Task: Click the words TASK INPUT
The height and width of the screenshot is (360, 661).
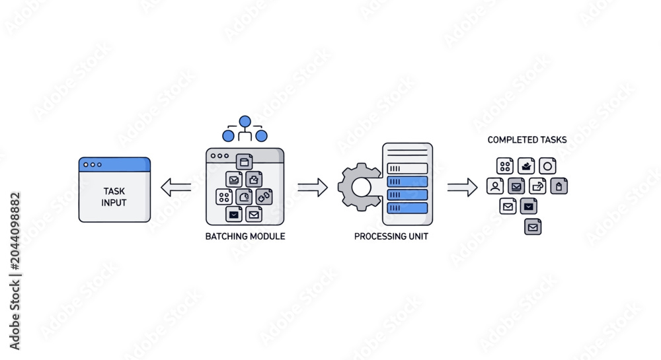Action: coord(114,197)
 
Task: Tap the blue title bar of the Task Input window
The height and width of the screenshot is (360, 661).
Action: coord(114,164)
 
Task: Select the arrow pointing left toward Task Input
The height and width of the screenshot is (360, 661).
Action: coord(176,187)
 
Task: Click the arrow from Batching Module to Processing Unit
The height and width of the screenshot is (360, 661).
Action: coord(313,188)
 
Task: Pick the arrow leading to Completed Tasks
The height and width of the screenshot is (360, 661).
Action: coord(463,188)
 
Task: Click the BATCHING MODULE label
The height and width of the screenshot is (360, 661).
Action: coord(245,236)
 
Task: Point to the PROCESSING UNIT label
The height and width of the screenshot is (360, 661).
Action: coord(391,236)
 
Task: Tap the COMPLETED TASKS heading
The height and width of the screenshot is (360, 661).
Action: coord(527,140)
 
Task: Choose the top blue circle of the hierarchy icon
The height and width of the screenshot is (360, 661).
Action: coord(245,122)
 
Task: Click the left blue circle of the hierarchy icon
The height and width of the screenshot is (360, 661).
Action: coord(229,135)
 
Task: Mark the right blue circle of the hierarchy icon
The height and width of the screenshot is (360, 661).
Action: coord(261,135)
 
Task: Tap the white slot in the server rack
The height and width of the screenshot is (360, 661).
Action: coord(407,168)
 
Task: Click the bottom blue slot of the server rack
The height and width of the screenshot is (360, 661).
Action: coord(407,207)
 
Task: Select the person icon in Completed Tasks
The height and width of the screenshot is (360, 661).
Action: coord(495,186)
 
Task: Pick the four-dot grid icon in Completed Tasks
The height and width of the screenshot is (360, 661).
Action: coord(505,166)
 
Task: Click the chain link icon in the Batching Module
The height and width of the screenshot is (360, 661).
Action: coord(264,197)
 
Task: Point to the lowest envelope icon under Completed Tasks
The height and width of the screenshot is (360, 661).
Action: coord(533,227)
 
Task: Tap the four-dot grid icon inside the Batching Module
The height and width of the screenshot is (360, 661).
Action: coord(224,197)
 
